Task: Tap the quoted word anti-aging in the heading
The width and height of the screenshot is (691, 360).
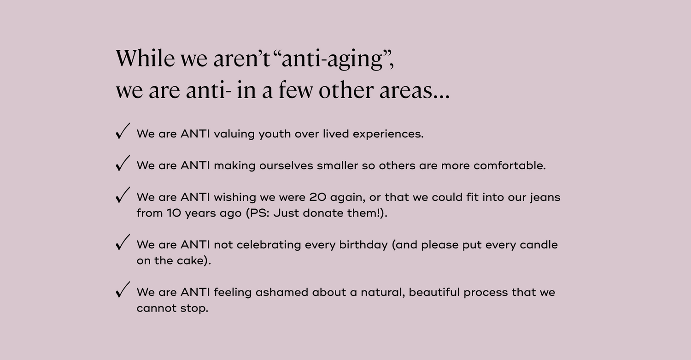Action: tap(332, 59)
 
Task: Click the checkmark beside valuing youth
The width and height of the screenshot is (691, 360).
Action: tap(123, 131)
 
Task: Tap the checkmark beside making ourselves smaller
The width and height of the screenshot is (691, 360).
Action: tap(123, 163)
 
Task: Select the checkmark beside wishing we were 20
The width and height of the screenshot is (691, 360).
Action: tap(123, 195)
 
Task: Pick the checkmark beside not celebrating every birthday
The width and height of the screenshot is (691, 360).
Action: tap(123, 242)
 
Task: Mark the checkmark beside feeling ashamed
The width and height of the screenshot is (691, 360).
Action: tap(123, 289)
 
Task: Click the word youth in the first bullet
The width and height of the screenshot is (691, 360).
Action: tap(275, 134)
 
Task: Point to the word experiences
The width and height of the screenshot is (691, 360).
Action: tap(388, 134)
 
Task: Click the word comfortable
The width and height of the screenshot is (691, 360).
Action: tap(509, 165)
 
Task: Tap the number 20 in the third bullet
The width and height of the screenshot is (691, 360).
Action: tap(318, 197)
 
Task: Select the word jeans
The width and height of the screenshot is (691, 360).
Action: tap(545, 198)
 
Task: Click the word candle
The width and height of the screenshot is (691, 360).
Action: tap(539, 244)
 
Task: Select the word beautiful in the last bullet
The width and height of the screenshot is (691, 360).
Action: tap(434, 292)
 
